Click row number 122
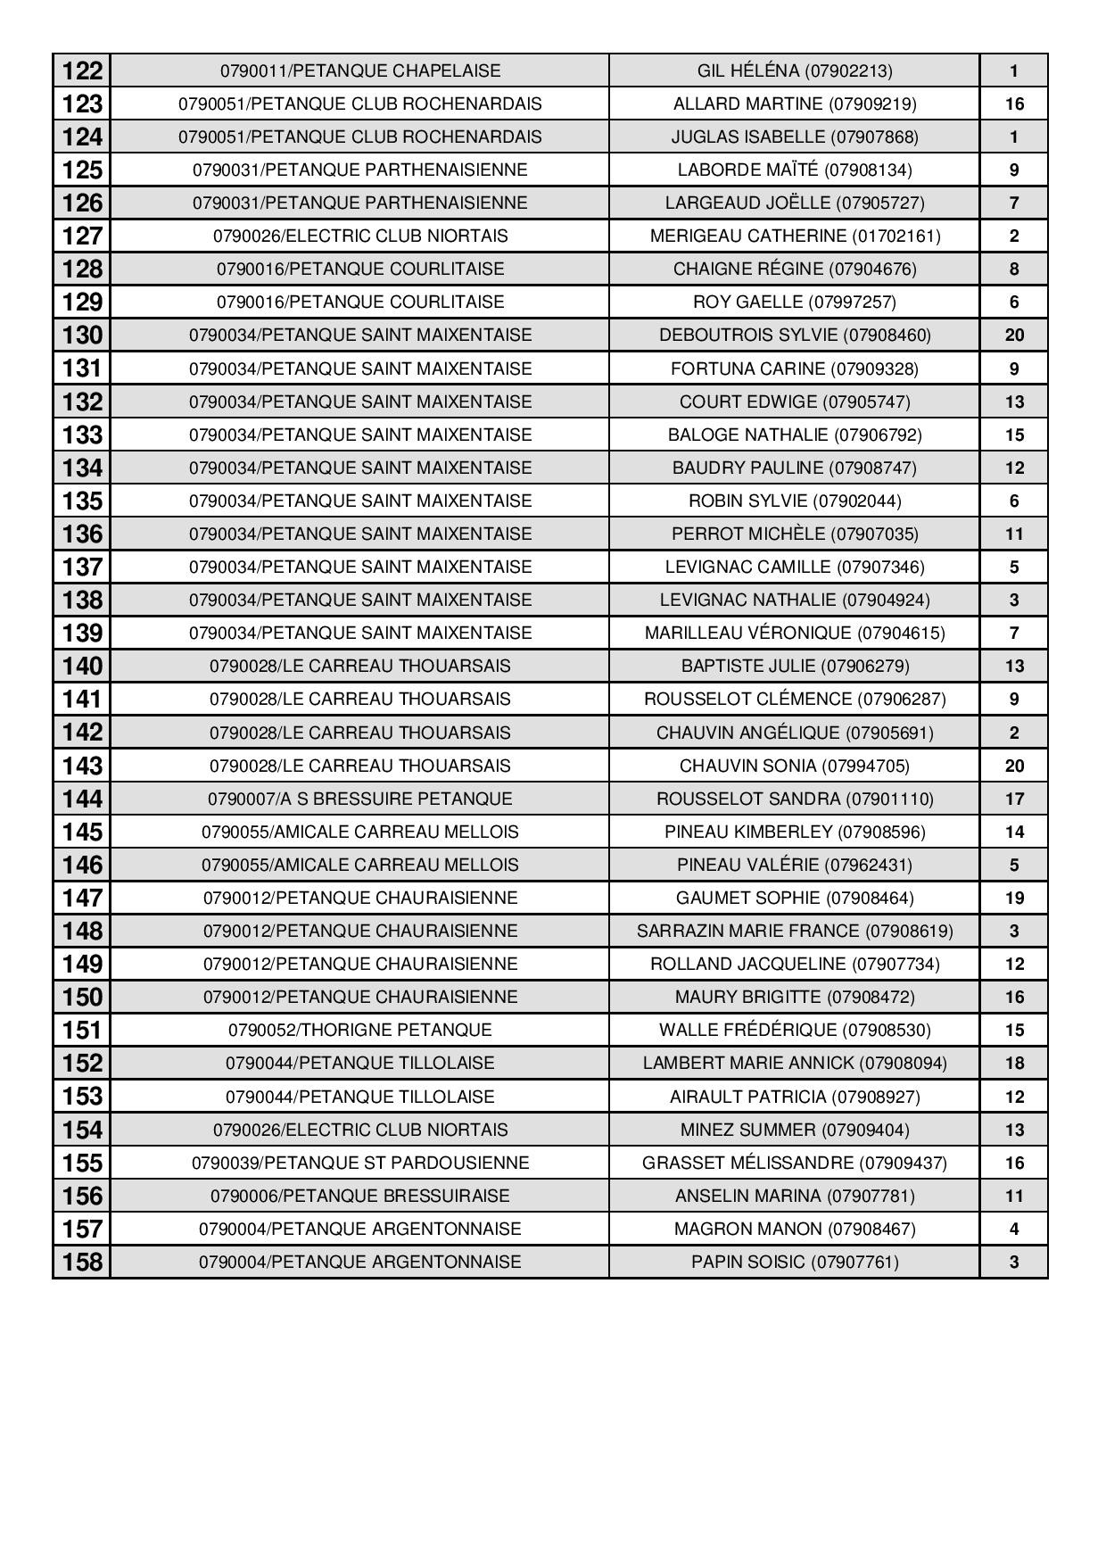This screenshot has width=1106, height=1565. click(82, 70)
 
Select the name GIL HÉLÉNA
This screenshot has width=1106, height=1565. click(794, 70)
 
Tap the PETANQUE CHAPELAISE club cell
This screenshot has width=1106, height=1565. click(359, 70)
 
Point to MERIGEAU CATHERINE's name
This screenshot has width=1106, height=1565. click(794, 236)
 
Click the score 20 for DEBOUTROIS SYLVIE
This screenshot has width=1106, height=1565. click(1013, 335)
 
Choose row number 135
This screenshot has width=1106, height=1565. click(82, 501)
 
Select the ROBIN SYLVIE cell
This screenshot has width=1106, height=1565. click(794, 501)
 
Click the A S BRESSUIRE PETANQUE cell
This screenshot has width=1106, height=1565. click(359, 799)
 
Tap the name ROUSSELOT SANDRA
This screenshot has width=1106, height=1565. click(794, 799)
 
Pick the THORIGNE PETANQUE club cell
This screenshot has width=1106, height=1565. click(359, 1030)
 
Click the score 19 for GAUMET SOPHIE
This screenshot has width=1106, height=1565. click(1013, 898)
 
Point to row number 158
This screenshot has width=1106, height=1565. click(82, 1263)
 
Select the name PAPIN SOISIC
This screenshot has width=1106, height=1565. click(794, 1262)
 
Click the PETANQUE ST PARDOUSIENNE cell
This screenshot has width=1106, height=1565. click(359, 1163)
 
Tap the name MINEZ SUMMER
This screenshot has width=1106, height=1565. click(794, 1130)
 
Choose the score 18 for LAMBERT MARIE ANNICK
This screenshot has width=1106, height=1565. click(1013, 1063)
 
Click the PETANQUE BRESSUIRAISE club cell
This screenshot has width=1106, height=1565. click(359, 1196)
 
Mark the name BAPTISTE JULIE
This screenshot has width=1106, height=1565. click(794, 666)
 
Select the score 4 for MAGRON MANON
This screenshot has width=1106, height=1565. click(1013, 1229)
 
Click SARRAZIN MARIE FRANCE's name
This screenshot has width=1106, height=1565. click(794, 931)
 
